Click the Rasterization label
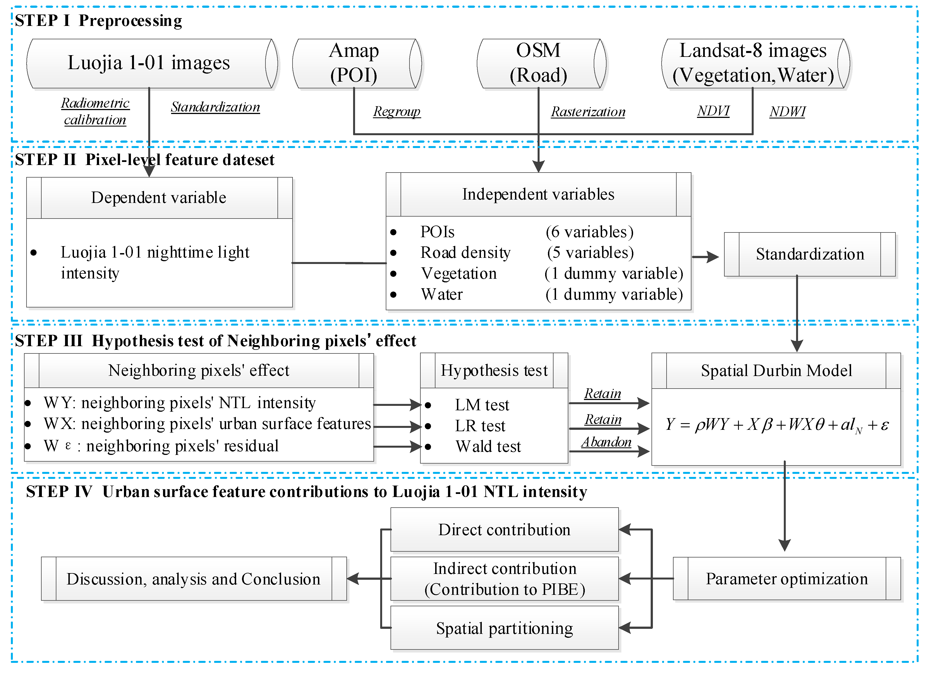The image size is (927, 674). tap(588, 112)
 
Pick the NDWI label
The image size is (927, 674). tap(787, 112)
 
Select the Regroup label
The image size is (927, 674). tap(396, 111)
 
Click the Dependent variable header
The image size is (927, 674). tap(159, 198)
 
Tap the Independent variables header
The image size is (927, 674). tap(538, 194)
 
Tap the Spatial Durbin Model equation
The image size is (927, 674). tap(776, 425)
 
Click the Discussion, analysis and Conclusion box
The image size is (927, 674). tap(193, 579)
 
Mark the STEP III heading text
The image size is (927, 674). tap(215, 341)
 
